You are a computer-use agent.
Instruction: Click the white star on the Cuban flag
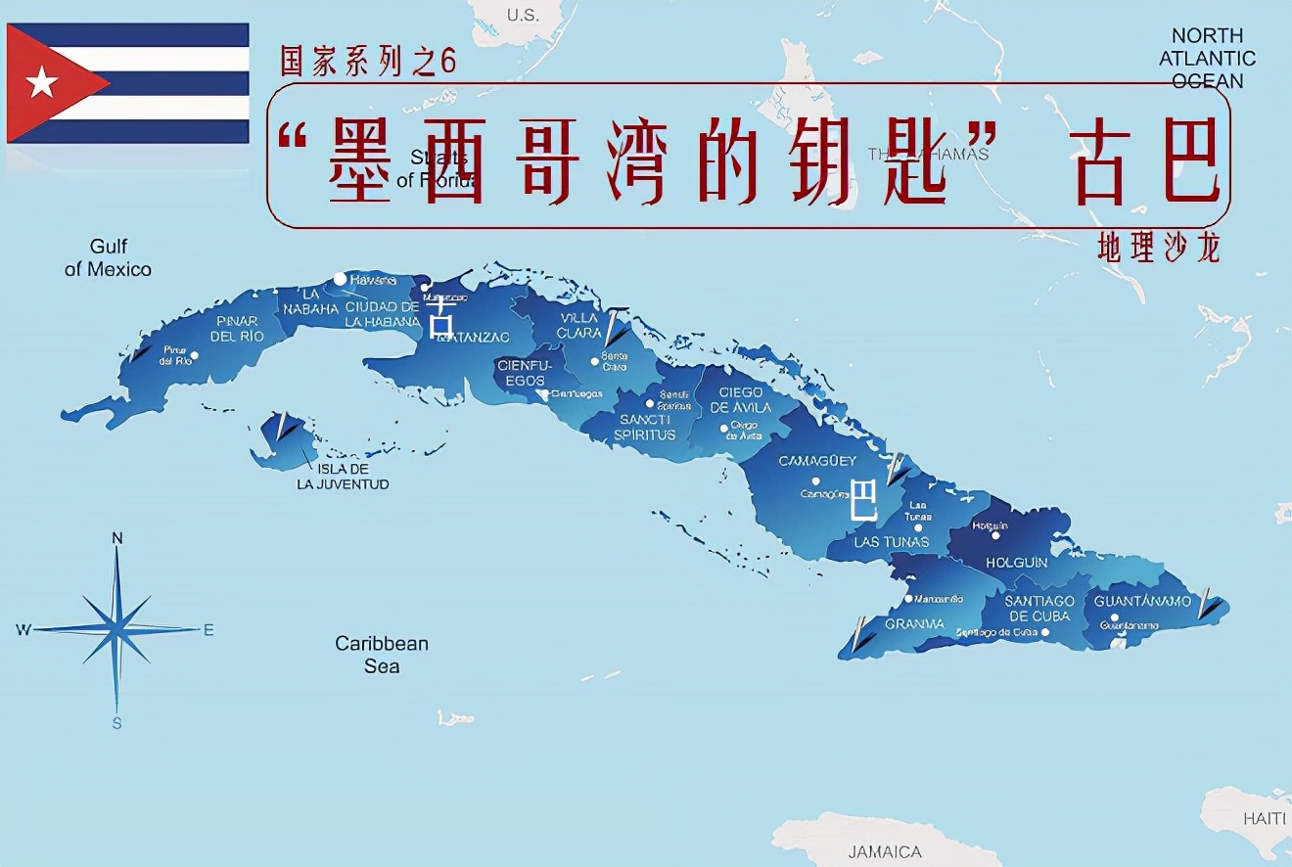[42, 83]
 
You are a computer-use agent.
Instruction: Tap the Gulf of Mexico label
[108, 257]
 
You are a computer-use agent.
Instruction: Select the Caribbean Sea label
[382, 655]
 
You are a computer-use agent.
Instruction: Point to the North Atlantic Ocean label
[1207, 59]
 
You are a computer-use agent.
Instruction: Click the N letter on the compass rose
[117, 537]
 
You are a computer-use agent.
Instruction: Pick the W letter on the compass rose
[23, 630]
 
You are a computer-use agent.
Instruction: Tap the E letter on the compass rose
[208, 630]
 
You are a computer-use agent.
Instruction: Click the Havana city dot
[340, 279]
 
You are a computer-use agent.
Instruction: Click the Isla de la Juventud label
[343, 477]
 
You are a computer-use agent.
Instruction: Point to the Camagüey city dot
[815, 481]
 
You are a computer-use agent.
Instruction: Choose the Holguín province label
[1016, 563]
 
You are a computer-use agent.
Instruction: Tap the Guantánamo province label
[1142, 601]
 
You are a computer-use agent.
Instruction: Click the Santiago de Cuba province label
[1040, 609]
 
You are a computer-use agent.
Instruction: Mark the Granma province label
[914, 624]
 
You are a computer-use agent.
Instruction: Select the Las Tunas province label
[892, 541]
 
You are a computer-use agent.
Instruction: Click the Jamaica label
[885, 851]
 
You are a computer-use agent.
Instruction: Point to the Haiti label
[1264, 818]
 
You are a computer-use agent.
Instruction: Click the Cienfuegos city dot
[543, 394]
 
